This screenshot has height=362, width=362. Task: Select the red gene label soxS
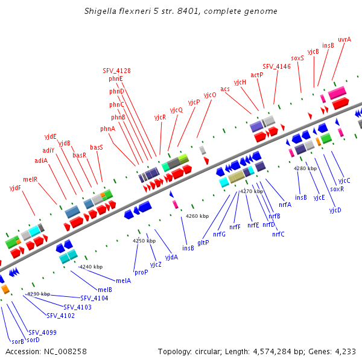pyautogui.click(x=297, y=58)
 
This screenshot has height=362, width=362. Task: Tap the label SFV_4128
pyautogui.click(x=116, y=71)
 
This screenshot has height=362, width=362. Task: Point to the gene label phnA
pyautogui.click(x=107, y=129)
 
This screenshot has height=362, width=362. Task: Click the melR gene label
pyautogui.click(x=30, y=179)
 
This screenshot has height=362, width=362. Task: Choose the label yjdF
pyautogui.click(x=15, y=188)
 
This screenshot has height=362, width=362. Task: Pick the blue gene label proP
pyautogui.click(x=141, y=272)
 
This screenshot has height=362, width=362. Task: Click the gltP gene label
pyautogui.click(x=203, y=243)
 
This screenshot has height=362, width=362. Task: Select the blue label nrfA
pyautogui.click(x=285, y=205)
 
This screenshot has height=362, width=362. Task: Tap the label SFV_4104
pyautogui.click(x=94, y=298)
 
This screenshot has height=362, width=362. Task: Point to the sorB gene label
pyautogui.click(x=17, y=341)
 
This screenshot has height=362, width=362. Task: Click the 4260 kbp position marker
pyautogui.click(x=197, y=215)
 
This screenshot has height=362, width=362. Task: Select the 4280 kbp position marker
pyautogui.click(x=305, y=168)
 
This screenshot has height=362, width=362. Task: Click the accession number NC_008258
pyautogui.click(x=46, y=351)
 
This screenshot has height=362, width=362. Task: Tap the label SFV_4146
pyautogui.click(x=276, y=66)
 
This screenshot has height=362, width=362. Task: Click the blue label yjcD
pyautogui.click(x=335, y=210)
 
